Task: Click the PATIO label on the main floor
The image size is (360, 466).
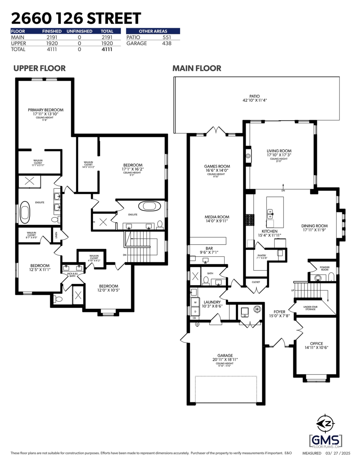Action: click(x=255, y=96)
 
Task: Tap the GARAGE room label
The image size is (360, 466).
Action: click(x=225, y=355)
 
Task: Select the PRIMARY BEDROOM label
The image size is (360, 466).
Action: click(x=45, y=110)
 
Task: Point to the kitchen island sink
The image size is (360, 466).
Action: click(x=270, y=212)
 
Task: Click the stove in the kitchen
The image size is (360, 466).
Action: click(x=249, y=220)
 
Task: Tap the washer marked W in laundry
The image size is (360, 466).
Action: click(x=194, y=303)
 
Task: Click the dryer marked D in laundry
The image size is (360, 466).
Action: click(x=194, y=311)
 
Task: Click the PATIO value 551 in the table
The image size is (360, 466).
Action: click(x=167, y=37)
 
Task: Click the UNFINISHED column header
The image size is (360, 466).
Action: click(x=79, y=31)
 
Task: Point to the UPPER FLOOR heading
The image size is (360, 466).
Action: click(x=39, y=68)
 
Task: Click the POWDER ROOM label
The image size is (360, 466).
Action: click(x=325, y=268)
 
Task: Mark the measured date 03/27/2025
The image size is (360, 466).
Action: click(x=339, y=453)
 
